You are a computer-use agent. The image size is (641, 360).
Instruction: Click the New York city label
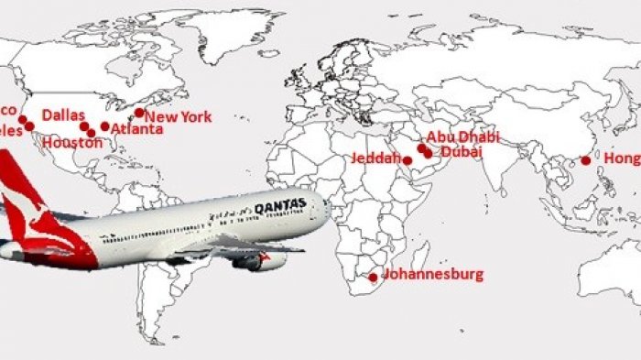[x=179, y=117]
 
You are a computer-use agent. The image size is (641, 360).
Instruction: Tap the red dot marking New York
[x=139, y=113]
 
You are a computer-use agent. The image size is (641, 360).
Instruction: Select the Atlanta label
[x=136, y=130]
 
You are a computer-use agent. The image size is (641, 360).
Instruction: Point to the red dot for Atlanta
[x=104, y=126]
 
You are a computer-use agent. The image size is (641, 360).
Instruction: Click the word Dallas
[x=63, y=115]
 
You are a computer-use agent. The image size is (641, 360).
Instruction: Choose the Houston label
[x=68, y=143]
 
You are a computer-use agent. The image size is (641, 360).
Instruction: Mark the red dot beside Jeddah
[x=407, y=160]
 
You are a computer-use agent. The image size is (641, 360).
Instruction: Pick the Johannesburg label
[x=432, y=274]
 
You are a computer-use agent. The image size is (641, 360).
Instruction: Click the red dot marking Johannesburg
[x=373, y=277]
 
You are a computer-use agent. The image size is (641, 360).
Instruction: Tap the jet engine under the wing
[x=259, y=261]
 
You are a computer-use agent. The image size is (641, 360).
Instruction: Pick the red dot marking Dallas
[x=83, y=125]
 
